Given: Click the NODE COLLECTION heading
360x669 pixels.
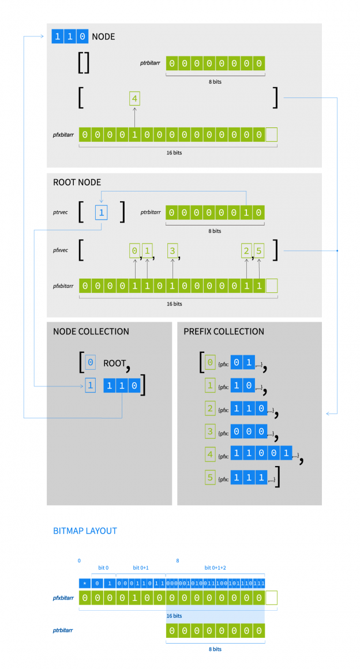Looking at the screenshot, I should pos(91,332).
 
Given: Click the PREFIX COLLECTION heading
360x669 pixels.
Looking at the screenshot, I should pos(224,332).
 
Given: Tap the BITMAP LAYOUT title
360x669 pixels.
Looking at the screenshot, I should pos(85,531).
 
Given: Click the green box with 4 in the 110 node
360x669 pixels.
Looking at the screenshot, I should pos(134,99).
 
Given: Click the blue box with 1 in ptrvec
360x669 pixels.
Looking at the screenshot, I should pos(102,213).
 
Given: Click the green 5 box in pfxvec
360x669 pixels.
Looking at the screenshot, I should pos(258,251).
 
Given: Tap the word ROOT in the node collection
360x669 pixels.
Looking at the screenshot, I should pos(114,363).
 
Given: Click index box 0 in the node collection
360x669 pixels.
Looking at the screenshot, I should pos(90,363).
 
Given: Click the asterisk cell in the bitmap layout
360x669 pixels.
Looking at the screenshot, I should pos(85,584).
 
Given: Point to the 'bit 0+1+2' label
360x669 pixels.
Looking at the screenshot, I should pos(215,568).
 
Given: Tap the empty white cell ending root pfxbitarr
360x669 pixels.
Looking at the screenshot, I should pos(271,285).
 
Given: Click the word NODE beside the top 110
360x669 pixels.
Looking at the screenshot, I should pos(103,37).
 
